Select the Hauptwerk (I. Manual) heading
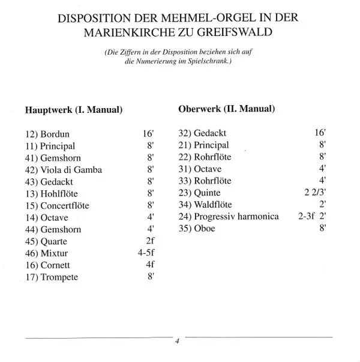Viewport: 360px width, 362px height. (x=73, y=110)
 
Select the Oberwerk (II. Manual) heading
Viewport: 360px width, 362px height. (x=227, y=109)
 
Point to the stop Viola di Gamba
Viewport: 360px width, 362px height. (x=71, y=170)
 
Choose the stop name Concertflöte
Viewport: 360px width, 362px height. (x=66, y=205)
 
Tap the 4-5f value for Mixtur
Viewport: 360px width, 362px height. (x=146, y=253)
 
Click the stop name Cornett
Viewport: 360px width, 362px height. (x=55, y=265)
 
